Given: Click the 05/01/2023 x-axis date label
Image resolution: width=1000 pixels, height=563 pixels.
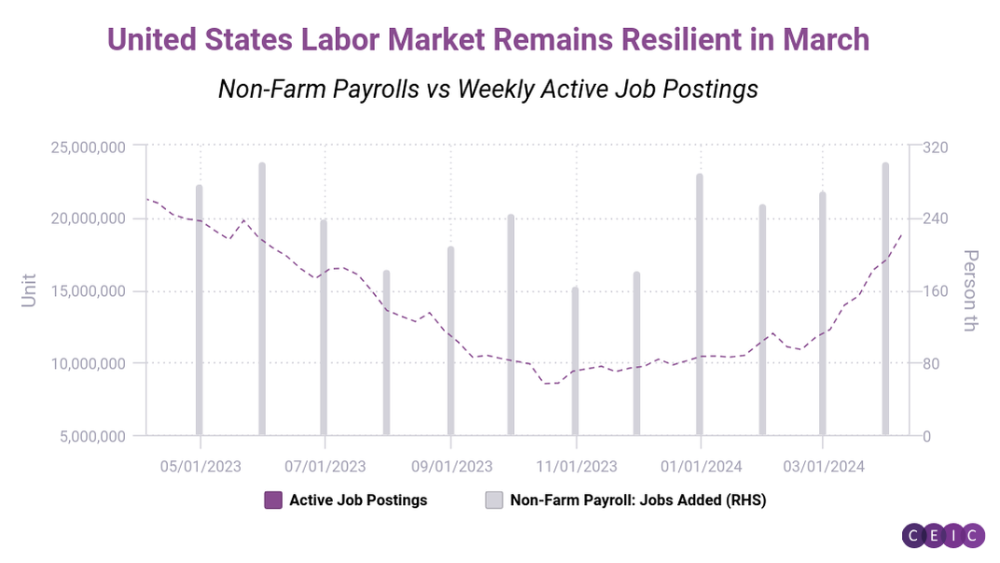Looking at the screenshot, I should (x=201, y=464).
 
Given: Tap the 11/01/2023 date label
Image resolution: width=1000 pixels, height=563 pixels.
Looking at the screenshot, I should (x=576, y=464).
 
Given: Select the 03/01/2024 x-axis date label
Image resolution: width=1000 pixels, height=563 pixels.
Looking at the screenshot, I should (x=823, y=464).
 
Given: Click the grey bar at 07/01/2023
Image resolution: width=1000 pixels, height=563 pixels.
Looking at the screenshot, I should (x=324, y=327).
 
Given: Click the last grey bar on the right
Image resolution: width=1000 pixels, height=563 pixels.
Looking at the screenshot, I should (x=885, y=299).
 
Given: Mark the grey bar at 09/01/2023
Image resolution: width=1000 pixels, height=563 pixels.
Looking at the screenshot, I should (x=450, y=341).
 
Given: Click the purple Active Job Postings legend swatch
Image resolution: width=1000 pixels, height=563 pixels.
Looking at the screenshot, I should (x=273, y=500).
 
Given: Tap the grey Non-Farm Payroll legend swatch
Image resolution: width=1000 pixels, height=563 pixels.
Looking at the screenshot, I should (x=493, y=500).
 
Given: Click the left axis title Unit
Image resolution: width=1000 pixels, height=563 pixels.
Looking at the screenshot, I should (x=30, y=290).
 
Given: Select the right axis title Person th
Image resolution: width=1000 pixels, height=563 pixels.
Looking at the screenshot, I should (x=970, y=290).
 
